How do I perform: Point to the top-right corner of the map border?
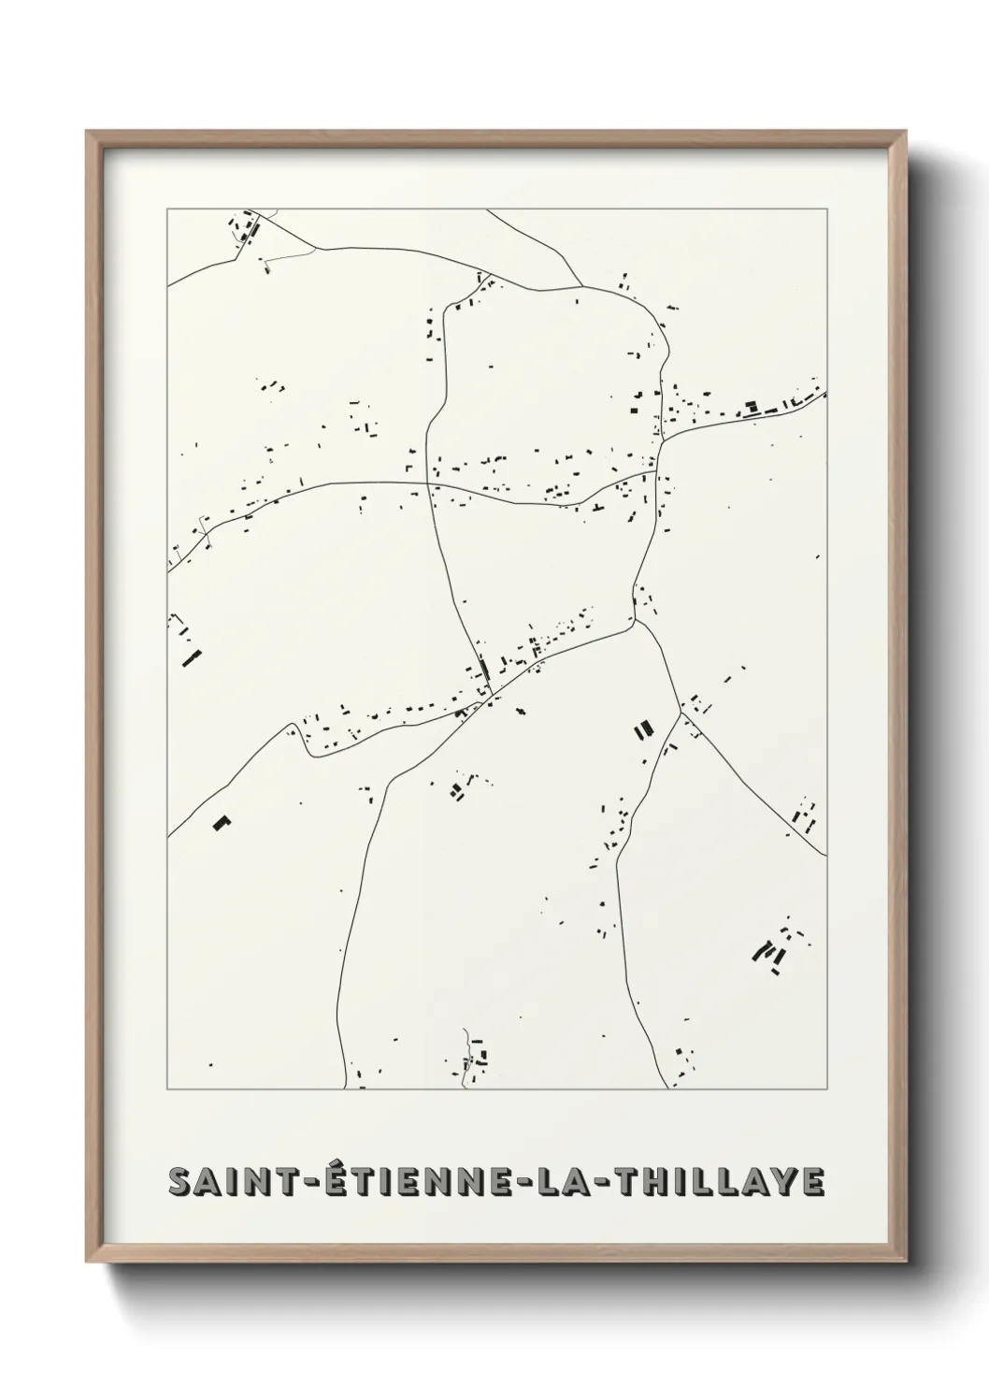pos(825,209)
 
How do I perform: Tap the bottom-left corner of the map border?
pos(167,1089)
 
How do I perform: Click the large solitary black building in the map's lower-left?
pos(222,822)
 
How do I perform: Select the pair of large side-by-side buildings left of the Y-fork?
pos(642,728)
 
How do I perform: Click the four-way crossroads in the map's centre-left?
pos(429,483)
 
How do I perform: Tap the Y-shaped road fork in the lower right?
pos(681,713)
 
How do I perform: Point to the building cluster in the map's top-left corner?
pos(245,227)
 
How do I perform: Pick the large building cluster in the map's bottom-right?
pos(772,951)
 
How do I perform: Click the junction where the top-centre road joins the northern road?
pos(582,285)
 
